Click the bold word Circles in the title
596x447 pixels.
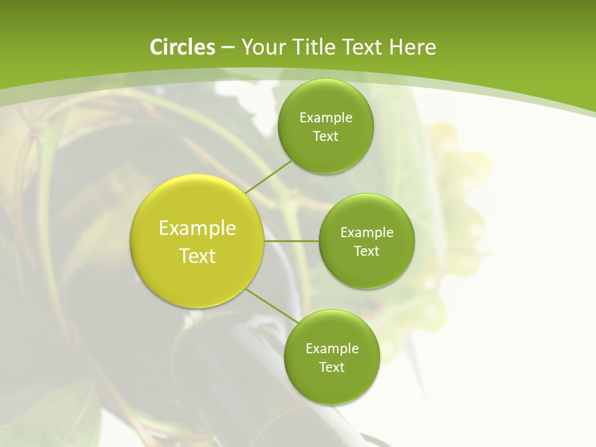click(183, 47)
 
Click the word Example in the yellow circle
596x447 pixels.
click(197, 228)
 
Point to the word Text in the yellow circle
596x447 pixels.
click(197, 256)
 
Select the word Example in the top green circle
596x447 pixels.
click(325, 118)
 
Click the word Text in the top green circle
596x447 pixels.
click(325, 137)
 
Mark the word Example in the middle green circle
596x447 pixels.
click(366, 233)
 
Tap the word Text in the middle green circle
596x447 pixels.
click(366, 251)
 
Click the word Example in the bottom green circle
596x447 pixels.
click(332, 349)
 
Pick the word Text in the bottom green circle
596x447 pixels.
click(332, 368)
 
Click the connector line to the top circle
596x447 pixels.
click(268, 176)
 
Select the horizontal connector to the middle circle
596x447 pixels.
click(291, 241)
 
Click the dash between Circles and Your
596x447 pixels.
click(227, 47)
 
